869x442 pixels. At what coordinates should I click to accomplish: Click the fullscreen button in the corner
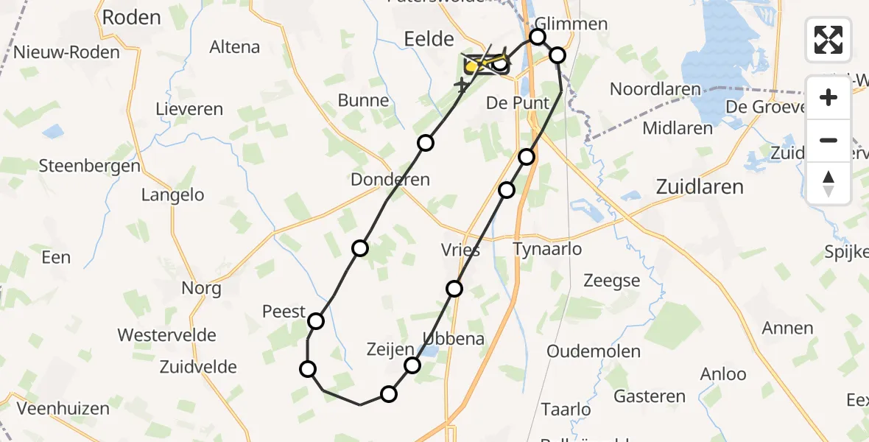[828, 40]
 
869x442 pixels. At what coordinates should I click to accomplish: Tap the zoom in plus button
[828, 97]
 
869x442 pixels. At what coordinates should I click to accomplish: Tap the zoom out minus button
[828, 140]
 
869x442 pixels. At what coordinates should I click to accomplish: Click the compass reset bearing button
[828, 183]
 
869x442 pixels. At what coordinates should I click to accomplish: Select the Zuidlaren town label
[700, 187]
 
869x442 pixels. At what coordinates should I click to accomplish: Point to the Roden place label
[132, 18]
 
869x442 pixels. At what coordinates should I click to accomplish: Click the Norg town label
[201, 288]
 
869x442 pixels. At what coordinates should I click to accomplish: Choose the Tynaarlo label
[547, 249]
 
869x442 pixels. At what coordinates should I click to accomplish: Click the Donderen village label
[390, 180]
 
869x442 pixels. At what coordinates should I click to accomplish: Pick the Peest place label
[284, 312]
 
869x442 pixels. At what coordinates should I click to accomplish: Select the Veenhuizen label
[63, 409]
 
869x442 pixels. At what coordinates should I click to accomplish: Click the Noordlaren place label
[655, 89]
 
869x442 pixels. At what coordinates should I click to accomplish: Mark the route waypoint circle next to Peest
[316, 321]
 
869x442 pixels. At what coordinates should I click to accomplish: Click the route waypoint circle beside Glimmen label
[538, 37]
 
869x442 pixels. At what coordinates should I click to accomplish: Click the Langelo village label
[172, 195]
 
